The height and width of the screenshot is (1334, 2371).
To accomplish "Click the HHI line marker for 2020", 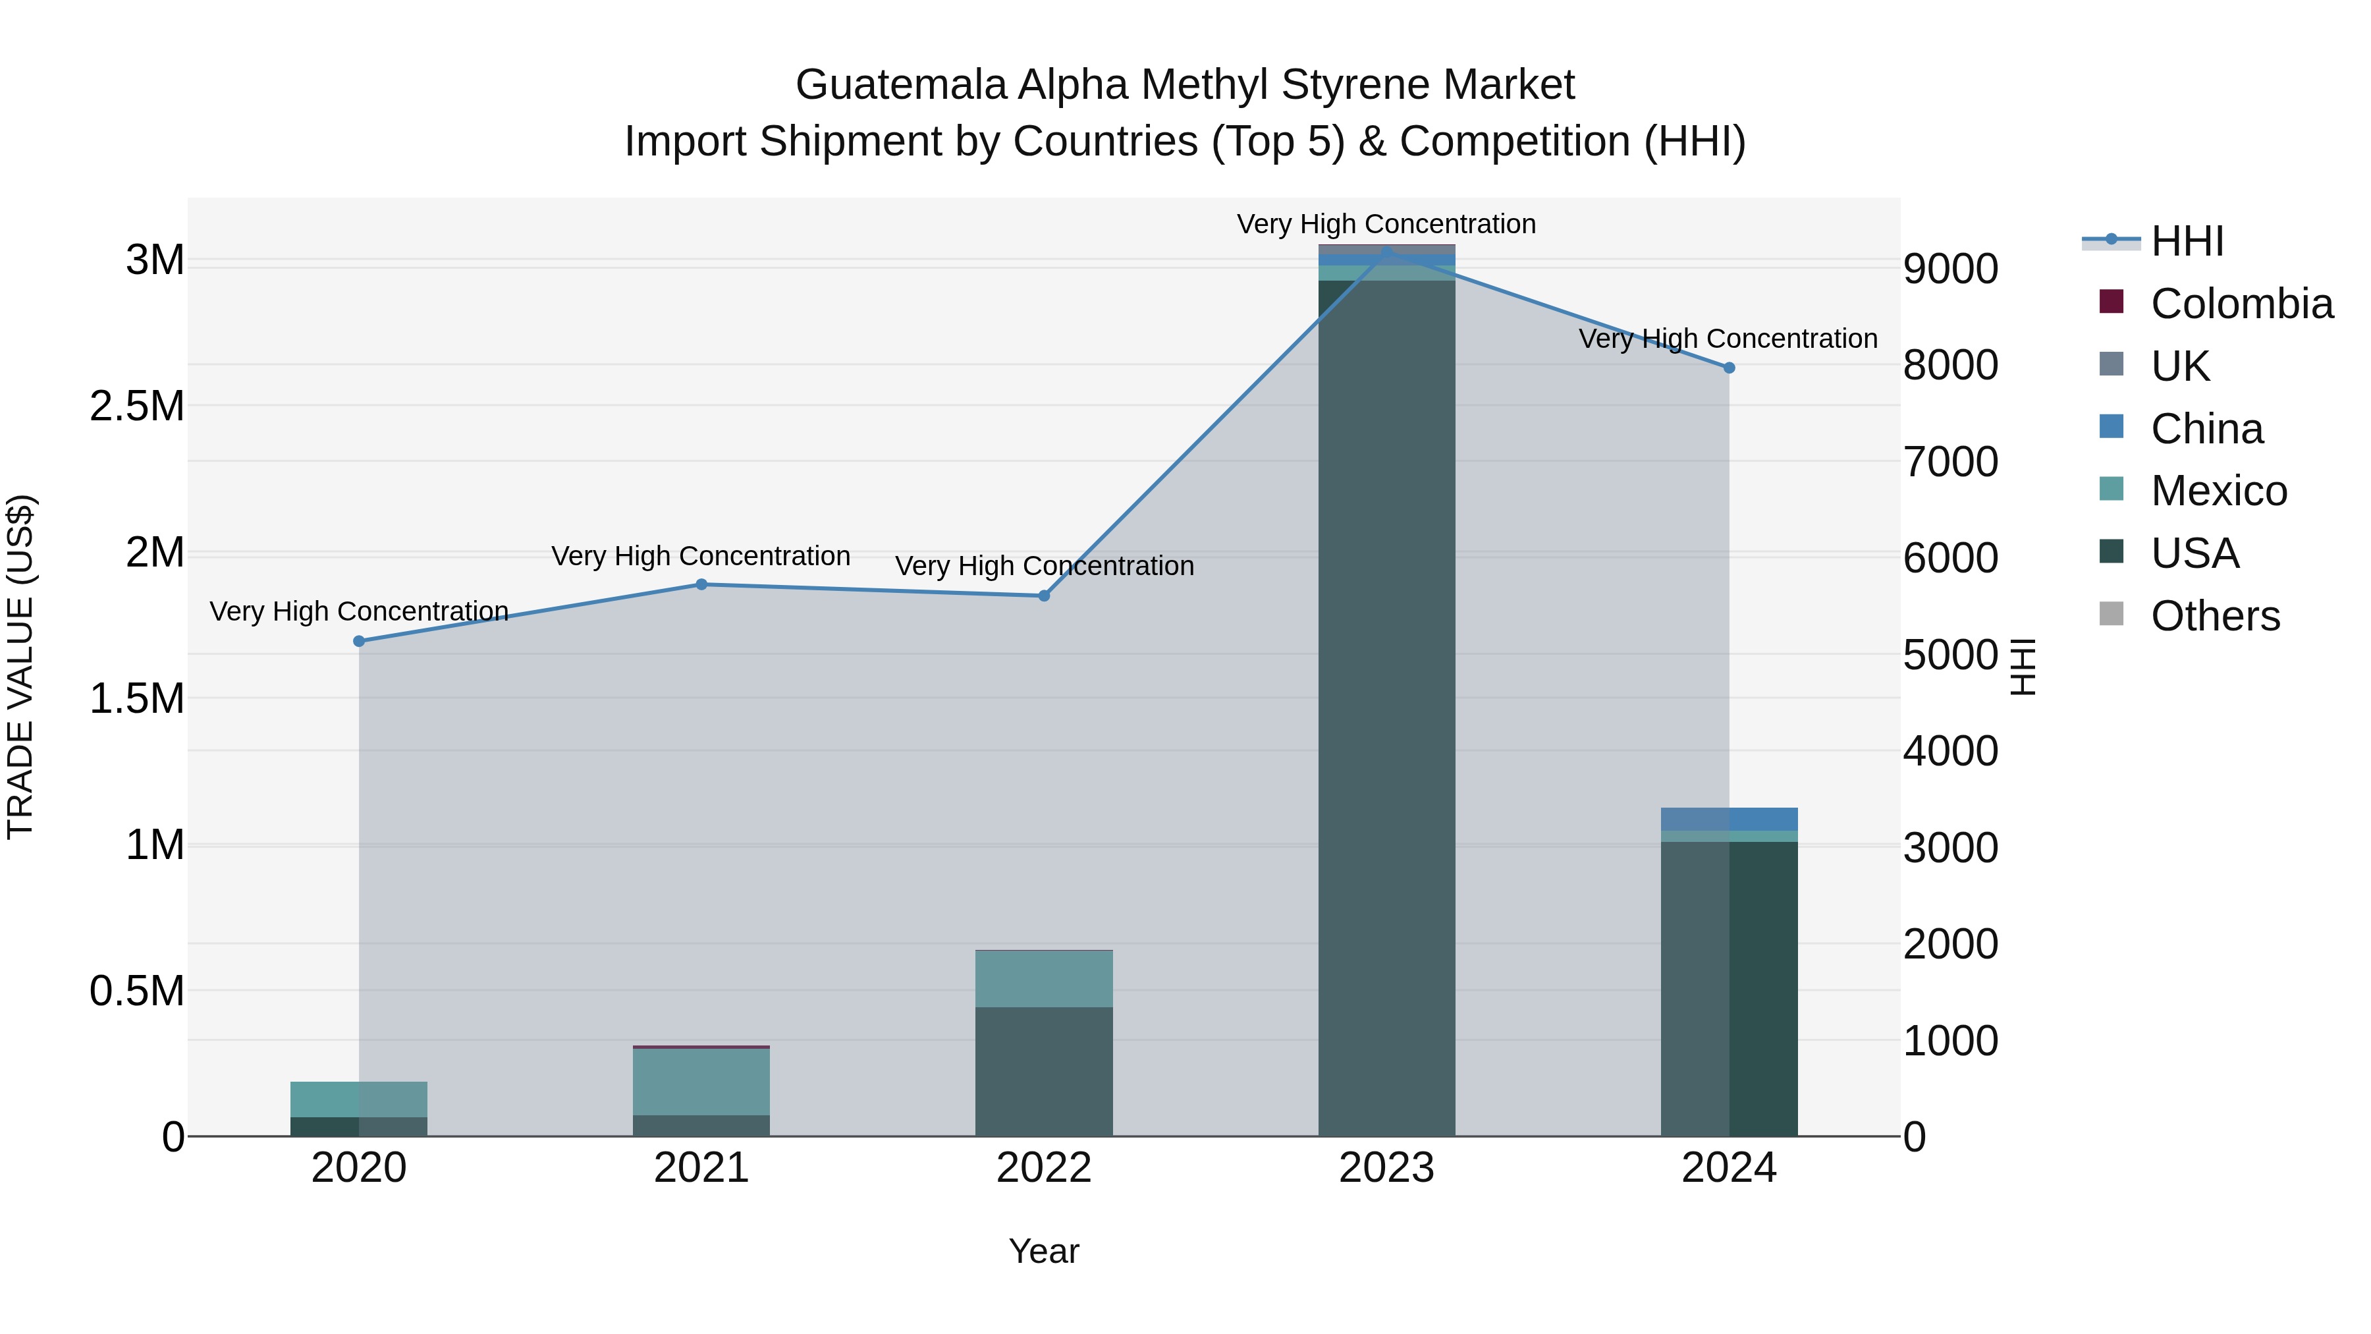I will pos(359,641).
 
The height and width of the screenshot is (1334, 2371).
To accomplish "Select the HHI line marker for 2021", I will pos(701,584).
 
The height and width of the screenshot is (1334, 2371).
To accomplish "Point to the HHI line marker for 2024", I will pos(1729,368).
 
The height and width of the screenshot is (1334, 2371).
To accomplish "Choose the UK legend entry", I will pos(2179,366).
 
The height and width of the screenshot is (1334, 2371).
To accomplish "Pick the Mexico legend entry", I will pos(2218,491).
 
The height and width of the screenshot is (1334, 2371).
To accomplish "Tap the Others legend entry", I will pos(2214,616).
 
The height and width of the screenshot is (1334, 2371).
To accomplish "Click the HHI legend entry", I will pos(2187,241).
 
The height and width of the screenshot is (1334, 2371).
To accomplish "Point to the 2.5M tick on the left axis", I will pos(137,406).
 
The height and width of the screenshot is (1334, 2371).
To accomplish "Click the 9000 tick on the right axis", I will pos(1950,269).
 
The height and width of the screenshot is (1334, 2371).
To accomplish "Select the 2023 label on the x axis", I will pos(1386,1167).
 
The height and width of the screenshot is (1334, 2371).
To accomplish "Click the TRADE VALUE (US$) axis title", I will pos(20,667).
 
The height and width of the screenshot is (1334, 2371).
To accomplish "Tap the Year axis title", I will pos(1044,1251).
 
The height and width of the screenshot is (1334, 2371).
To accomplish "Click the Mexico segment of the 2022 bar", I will pos(1044,979).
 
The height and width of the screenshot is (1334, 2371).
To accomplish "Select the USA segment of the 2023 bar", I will pos(1386,709).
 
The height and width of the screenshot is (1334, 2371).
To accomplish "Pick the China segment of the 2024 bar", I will pos(1729,818).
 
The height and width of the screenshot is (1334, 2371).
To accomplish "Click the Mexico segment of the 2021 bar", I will pos(701,1082).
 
